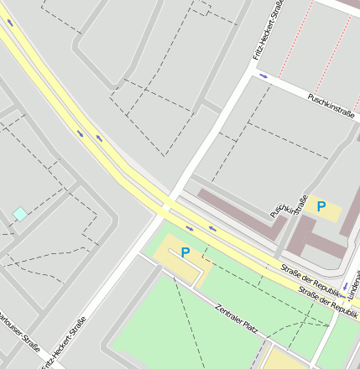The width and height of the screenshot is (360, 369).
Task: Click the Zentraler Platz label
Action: pos(236,318)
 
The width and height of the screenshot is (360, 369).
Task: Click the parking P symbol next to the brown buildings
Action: pos(321,205)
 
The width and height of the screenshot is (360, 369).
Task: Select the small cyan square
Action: pos(19,214)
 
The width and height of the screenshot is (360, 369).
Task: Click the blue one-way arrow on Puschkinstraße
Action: pos(263,77)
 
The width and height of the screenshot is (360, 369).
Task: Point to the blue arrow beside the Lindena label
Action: pos(345,286)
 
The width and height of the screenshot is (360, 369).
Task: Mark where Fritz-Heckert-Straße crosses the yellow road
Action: pos(166,205)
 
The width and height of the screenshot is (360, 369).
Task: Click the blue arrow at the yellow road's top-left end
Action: pos(10,23)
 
